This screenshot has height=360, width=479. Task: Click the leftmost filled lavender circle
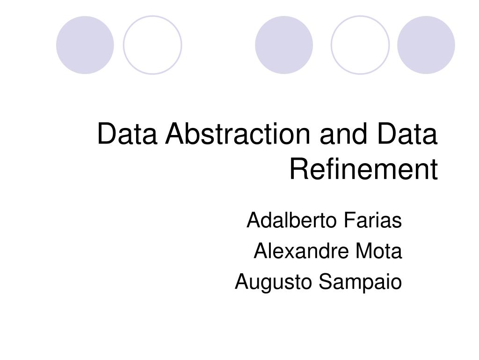coord(85,45)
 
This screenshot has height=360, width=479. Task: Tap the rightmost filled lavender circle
coord(426,45)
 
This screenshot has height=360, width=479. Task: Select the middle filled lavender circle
coord(284,45)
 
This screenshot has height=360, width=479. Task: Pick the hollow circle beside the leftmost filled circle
coord(152,45)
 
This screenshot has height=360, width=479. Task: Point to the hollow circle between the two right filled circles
coord(360,45)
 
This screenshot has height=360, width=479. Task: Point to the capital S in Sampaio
coord(324,282)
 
